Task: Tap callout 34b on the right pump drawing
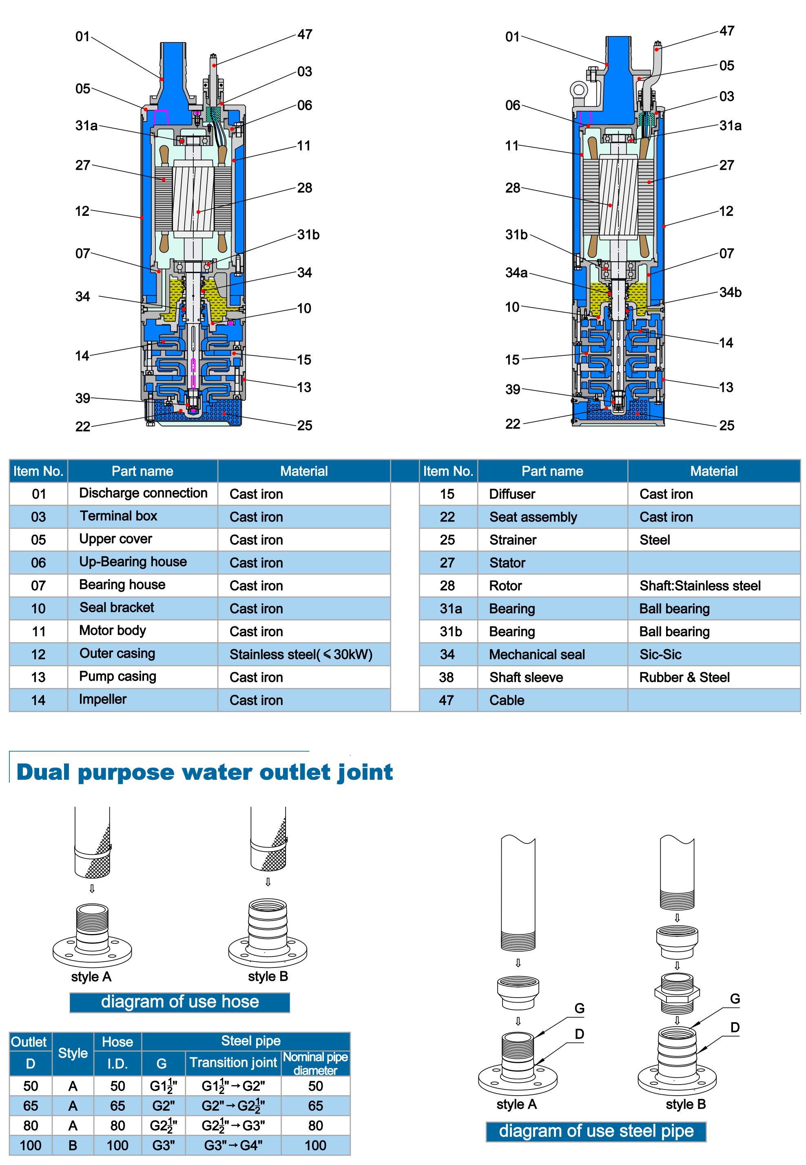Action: point(730,293)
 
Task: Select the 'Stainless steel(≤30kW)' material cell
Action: point(301,654)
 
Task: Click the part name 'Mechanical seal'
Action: point(537,654)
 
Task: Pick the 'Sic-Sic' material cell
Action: point(660,654)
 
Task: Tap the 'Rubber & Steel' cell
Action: point(684,677)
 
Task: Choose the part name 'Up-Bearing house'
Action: point(133,562)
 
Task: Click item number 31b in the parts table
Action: point(450,632)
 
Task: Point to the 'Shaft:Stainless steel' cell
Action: point(700,586)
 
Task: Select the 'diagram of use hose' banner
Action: point(180,1002)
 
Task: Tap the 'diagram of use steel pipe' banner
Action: point(596,1131)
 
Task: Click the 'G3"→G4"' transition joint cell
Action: point(233,1145)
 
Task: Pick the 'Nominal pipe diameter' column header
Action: point(315,1063)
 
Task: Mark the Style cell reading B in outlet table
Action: point(73,1145)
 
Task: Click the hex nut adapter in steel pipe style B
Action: point(677,993)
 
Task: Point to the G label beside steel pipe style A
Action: point(579,1008)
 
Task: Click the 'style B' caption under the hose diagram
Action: point(268,976)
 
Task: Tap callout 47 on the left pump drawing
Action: point(305,34)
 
